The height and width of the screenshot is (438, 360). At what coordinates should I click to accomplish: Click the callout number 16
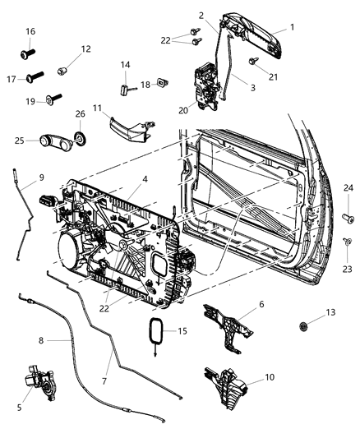[x=30, y=31]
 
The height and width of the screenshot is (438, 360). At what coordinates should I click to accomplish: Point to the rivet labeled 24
[x=348, y=219]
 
